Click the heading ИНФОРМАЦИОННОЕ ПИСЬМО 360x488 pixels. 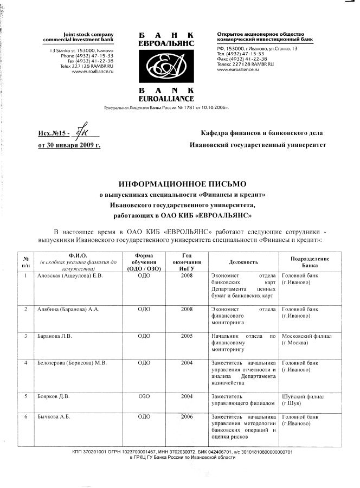[x=179, y=184]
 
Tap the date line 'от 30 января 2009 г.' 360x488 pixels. [x=69, y=145]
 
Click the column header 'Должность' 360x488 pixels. [x=243, y=262]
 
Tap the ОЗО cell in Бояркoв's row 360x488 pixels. [x=144, y=396]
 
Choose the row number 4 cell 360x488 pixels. [x=25, y=362]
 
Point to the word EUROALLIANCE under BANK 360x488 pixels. [x=165, y=99]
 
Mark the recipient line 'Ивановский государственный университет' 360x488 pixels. [x=258, y=145]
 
